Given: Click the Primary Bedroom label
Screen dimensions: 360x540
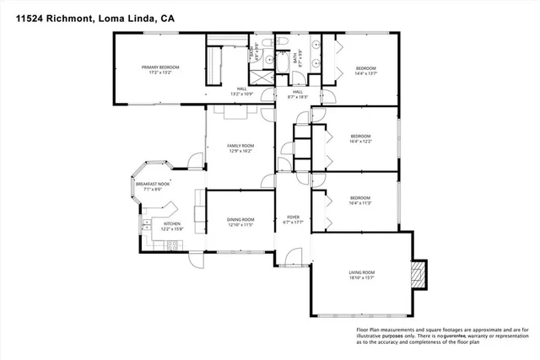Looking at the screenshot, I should (x=160, y=67).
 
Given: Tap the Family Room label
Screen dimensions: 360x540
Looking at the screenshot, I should (x=240, y=146).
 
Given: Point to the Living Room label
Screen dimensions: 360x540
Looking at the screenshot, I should (x=362, y=271).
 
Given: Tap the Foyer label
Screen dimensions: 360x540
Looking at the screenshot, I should (x=293, y=218).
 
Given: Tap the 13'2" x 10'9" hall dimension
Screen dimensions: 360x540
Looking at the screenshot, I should (x=242, y=94).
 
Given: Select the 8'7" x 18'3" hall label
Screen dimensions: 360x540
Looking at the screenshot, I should (x=298, y=93).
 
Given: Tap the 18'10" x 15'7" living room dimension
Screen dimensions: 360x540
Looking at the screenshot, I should (x=362, y=277).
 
